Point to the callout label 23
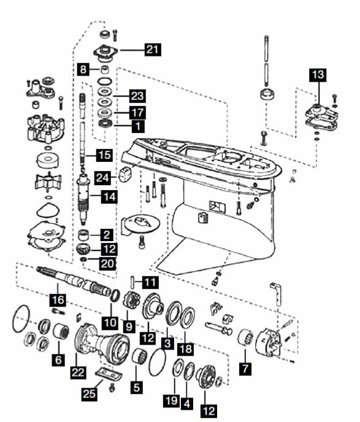[136, 96]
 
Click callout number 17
[136, 112]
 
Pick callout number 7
[245, 369]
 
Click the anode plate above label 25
[109, 374]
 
